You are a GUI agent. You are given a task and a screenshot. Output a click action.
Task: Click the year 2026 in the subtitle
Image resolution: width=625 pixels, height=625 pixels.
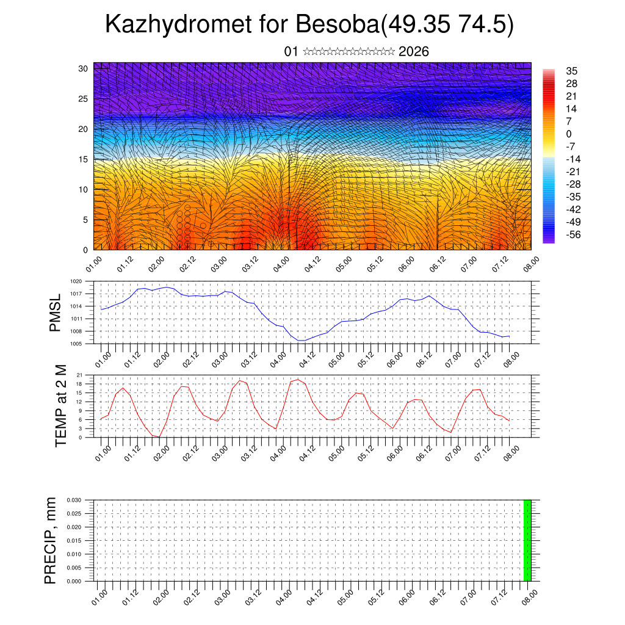click(413, 52)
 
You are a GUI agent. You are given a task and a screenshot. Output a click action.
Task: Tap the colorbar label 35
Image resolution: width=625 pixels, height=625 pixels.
click(571, 71)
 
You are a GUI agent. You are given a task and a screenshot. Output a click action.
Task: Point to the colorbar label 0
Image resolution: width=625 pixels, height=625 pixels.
click(569, 134)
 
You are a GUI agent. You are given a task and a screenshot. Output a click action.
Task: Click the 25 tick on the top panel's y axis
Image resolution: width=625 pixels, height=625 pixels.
click(83, 98)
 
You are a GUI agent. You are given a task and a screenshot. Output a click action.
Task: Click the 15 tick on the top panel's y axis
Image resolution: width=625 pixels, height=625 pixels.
click(83, 159)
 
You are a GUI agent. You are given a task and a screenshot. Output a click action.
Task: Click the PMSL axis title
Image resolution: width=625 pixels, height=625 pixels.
click(55, 314)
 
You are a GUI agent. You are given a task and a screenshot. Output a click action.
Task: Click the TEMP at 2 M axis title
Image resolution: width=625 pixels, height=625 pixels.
click(60, 406)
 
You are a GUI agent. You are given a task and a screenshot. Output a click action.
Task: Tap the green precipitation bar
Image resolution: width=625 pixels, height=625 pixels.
click(527, 540)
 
